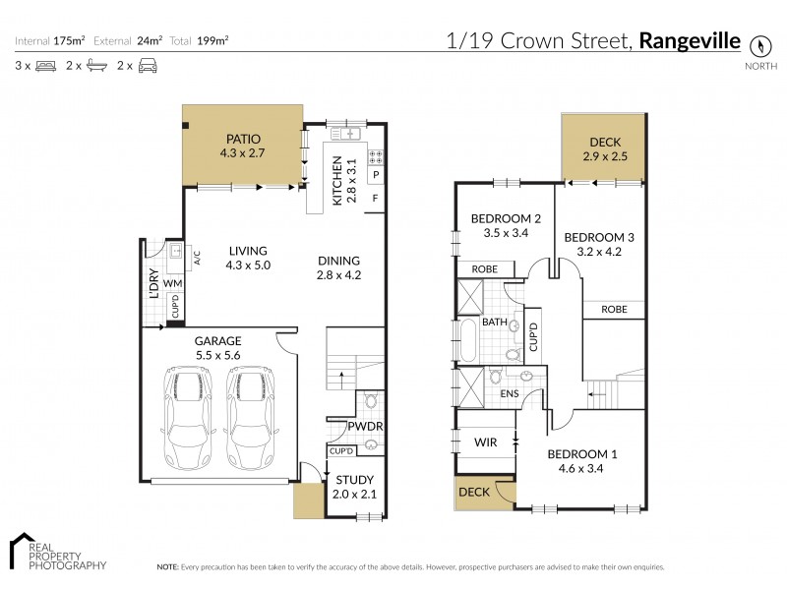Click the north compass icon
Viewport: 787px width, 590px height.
click(757, 45)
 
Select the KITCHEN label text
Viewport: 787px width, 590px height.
click(336, 180)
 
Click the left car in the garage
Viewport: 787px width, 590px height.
click(185, 417)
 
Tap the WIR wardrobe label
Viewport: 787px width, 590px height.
click(484, 442)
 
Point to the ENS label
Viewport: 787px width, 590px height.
click(509, 393)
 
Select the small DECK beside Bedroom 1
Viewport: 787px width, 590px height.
click(473, 492)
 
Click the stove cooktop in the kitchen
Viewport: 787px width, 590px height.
click(374, 155)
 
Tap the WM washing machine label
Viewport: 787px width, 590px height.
click(172, 284)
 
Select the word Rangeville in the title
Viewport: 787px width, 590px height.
click(691, 41)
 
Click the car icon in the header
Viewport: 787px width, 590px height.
click(148, 65)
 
